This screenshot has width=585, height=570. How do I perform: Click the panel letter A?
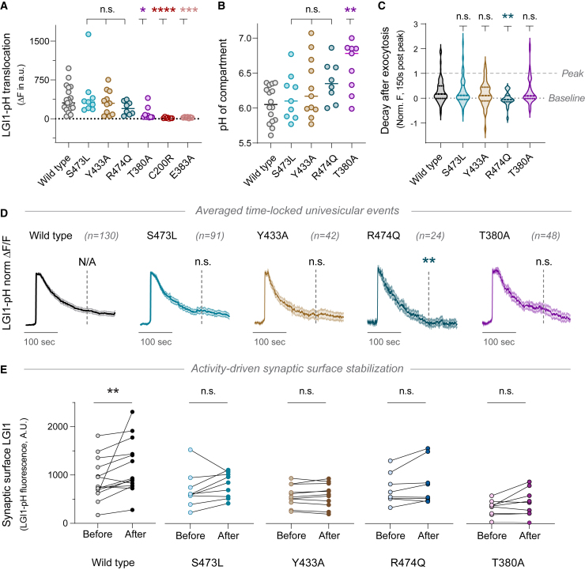pyautogui.click(x=6, y=8)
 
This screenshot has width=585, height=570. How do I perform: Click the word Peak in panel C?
pyautogui.click(x=572, y=73)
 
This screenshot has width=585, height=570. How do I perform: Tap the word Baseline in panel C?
pyautogui.click(x=566, y=98)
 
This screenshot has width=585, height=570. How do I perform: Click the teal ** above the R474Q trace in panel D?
pyautogui.click(x=429, y=261)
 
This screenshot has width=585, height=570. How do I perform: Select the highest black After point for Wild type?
pyautogui.click(x=132, y=411)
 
